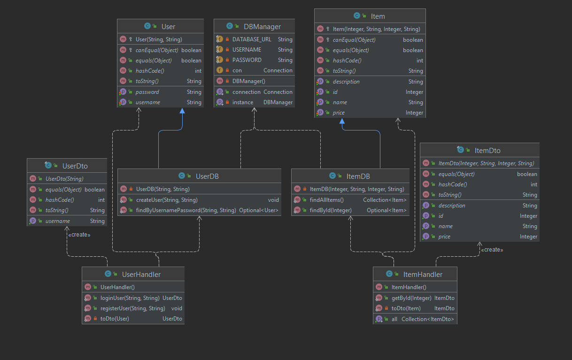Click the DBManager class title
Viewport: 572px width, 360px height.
tap(262, 27)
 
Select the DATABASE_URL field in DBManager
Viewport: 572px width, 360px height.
tap(252, 39)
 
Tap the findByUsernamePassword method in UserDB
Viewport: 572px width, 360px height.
tap(186, 210)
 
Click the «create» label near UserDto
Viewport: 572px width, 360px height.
tap(79, 235)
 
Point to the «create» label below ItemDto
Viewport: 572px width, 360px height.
tap(492, 250)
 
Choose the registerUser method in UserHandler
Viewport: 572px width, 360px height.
tap(133, 308)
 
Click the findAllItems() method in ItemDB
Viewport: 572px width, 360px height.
tap(326, 200)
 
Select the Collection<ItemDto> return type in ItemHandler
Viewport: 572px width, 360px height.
tap(427, 319)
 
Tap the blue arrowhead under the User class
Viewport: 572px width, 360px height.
tap(182, 111)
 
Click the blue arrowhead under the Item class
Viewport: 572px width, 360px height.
tap(342, 121)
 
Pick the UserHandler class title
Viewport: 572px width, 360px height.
tap(141, 275)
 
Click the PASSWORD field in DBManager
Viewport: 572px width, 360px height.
tap(247, 60)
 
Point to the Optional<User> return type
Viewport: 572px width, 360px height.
tap(258, 210)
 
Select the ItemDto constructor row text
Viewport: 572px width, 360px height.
tap(486, 163)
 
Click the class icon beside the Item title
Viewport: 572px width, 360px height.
tap(357, 15)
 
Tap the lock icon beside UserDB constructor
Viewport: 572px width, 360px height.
tap(131, 189)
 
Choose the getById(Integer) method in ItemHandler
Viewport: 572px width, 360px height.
tap(411, 298)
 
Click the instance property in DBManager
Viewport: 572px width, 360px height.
tap(243, 102)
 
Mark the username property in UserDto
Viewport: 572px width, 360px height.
tap(57, 221)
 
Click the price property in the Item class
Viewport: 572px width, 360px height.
tap(339, 113)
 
